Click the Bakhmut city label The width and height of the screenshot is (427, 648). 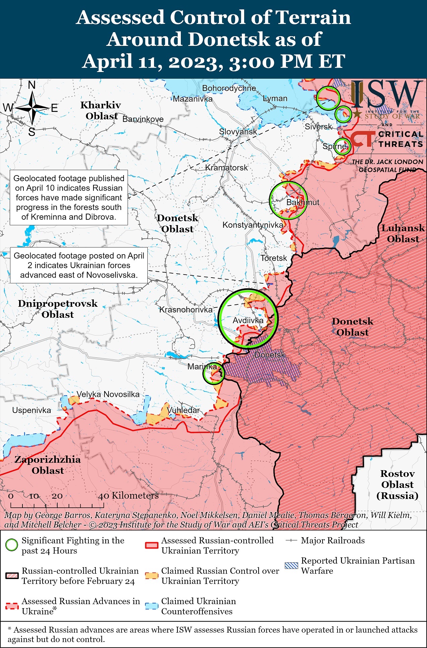303,202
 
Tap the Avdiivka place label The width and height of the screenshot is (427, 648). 248,320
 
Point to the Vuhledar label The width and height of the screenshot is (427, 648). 183,410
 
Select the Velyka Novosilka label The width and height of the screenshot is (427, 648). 108,394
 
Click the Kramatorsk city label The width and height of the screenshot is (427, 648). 226,167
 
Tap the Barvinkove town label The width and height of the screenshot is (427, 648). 143,119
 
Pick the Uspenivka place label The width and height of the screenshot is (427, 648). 31,410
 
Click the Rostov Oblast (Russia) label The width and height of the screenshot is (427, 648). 397,485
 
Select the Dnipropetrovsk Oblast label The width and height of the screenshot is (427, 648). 58,309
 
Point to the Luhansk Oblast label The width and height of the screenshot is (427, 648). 403,233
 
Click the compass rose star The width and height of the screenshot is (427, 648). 32,108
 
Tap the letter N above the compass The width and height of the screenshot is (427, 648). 32,85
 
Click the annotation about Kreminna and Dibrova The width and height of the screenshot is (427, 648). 69,198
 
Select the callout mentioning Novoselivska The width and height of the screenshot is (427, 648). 79,265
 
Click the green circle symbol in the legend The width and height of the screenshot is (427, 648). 12,545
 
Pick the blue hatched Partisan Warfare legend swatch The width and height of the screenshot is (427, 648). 291,566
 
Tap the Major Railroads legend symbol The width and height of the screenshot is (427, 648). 291,541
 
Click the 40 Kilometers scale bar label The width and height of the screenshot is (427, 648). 128,496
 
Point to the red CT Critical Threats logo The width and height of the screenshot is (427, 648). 362,139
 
